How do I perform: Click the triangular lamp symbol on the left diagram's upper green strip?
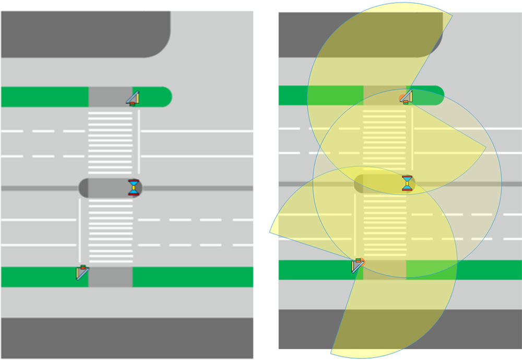tap(134, 98)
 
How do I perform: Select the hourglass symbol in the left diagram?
tap(135, 187)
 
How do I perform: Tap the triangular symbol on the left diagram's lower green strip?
tap(82, 272)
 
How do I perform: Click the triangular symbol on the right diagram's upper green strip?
tap(406, 97)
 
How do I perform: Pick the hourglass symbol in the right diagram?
tap(407, 183)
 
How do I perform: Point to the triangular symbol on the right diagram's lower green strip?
tap(358, 266)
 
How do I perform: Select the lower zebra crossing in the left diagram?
tap(110, 232)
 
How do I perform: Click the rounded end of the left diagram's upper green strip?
tap(165, 97)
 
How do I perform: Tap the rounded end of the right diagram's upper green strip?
tap(437, 95)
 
